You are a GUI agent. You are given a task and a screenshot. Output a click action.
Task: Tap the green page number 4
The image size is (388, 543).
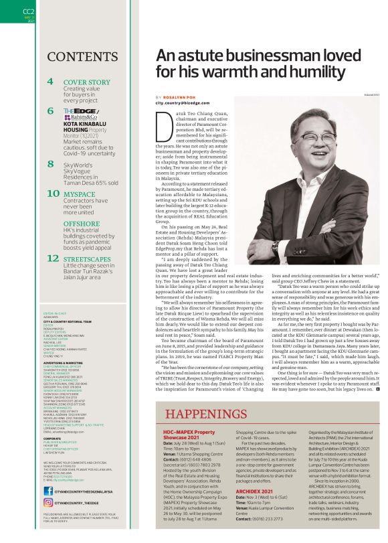51,82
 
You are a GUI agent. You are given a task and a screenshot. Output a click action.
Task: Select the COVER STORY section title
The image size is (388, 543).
86,82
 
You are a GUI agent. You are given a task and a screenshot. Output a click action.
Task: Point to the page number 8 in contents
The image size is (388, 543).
51,163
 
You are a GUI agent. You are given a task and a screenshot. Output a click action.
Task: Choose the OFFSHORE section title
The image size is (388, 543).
81,224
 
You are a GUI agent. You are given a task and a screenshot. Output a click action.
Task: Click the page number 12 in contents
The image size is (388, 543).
52,258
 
